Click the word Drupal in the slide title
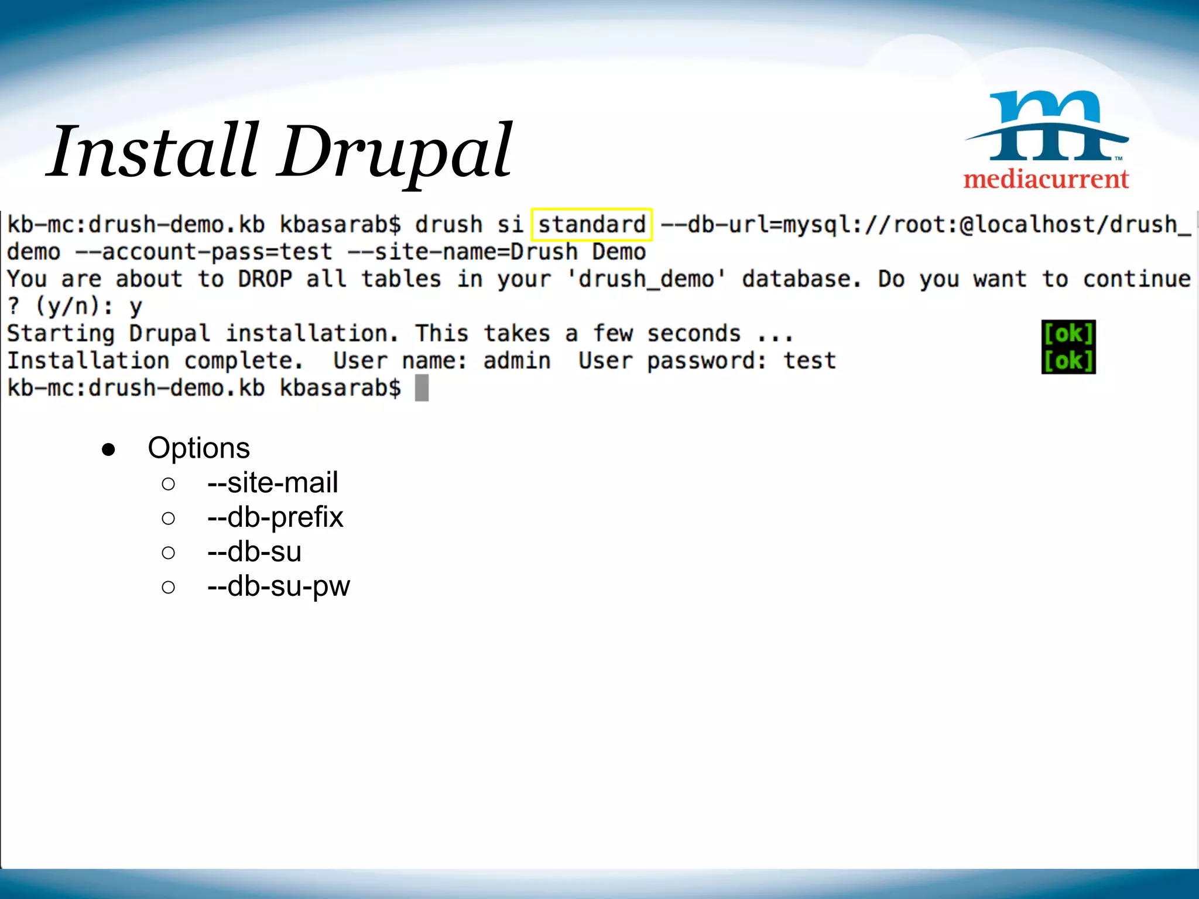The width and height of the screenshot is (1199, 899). pos(396,152)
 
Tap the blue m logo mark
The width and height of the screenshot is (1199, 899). pos(1047,125)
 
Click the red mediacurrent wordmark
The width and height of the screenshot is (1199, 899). pos(1046,179)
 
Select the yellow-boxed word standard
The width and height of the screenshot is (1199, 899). pos(591,225)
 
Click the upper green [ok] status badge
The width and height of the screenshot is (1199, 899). pos(1068,334)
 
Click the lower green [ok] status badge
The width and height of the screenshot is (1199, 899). pos(1068,361)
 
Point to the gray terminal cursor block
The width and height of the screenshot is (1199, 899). pos(422,388)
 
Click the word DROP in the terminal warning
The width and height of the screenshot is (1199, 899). pos(265,279)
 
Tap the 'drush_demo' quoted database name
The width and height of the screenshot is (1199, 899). pos(646,279)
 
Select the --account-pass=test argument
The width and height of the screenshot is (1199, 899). pos(204,252)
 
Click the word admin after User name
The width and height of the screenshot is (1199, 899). pos(517,361)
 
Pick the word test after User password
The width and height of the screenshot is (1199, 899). pos(810,361)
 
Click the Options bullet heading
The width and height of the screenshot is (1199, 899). pos(198,448)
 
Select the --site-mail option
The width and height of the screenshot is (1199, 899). pos(272,483)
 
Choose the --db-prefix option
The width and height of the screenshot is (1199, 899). pos(275,517)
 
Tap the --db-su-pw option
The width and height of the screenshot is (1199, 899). pos(279,586)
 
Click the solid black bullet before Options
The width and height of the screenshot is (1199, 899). pos(108,449)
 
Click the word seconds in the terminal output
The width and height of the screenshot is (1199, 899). pos(694,334)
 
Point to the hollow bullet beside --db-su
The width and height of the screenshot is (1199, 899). pos(168,553)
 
